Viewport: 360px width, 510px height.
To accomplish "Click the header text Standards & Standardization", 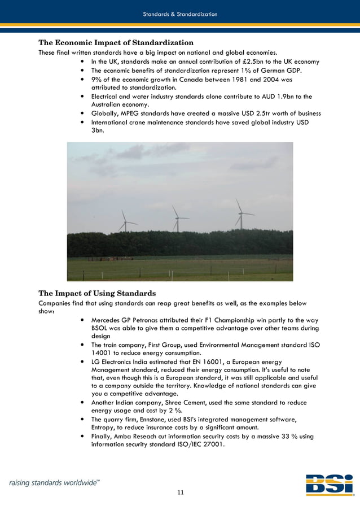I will pos(180,14).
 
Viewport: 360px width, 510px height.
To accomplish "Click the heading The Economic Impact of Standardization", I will pos(116,42).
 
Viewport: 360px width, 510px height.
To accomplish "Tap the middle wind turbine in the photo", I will pos(176,217).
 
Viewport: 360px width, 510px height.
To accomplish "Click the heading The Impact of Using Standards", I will pos(96,293).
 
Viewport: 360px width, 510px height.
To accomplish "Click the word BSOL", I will pos(101,328).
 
